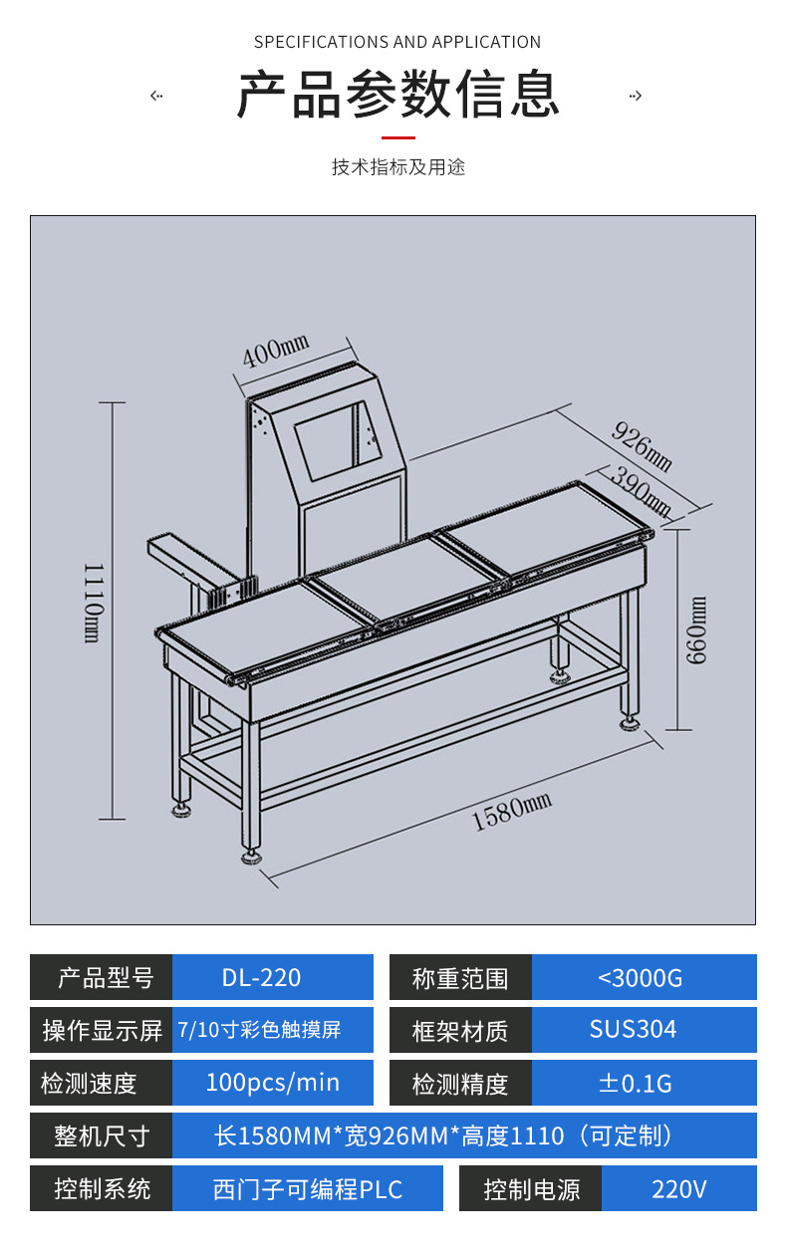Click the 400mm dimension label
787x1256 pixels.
coord(276,351)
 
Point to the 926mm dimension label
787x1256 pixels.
coord(642,445)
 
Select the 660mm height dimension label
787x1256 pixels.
coord(697,629)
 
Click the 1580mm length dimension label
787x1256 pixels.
coord(511,812)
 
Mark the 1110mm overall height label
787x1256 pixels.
coord(92,603)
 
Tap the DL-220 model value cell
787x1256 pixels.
coord(272,977)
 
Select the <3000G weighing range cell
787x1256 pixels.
coord(644,977)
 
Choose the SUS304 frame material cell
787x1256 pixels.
coord(644,1030)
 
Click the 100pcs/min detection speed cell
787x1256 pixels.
coord(272,1083)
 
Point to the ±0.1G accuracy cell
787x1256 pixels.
coord(644,1083)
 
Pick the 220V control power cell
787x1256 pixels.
coord(679,1188)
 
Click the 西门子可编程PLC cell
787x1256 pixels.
coord(307,1188)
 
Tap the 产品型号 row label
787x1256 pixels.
coord(102,977)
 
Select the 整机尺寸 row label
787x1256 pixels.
coord(102,1135)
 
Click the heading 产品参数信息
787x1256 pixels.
coord(397,95)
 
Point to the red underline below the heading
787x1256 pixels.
coord(397,137)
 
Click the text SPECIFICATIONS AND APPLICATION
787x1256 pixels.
coord(397,42)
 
